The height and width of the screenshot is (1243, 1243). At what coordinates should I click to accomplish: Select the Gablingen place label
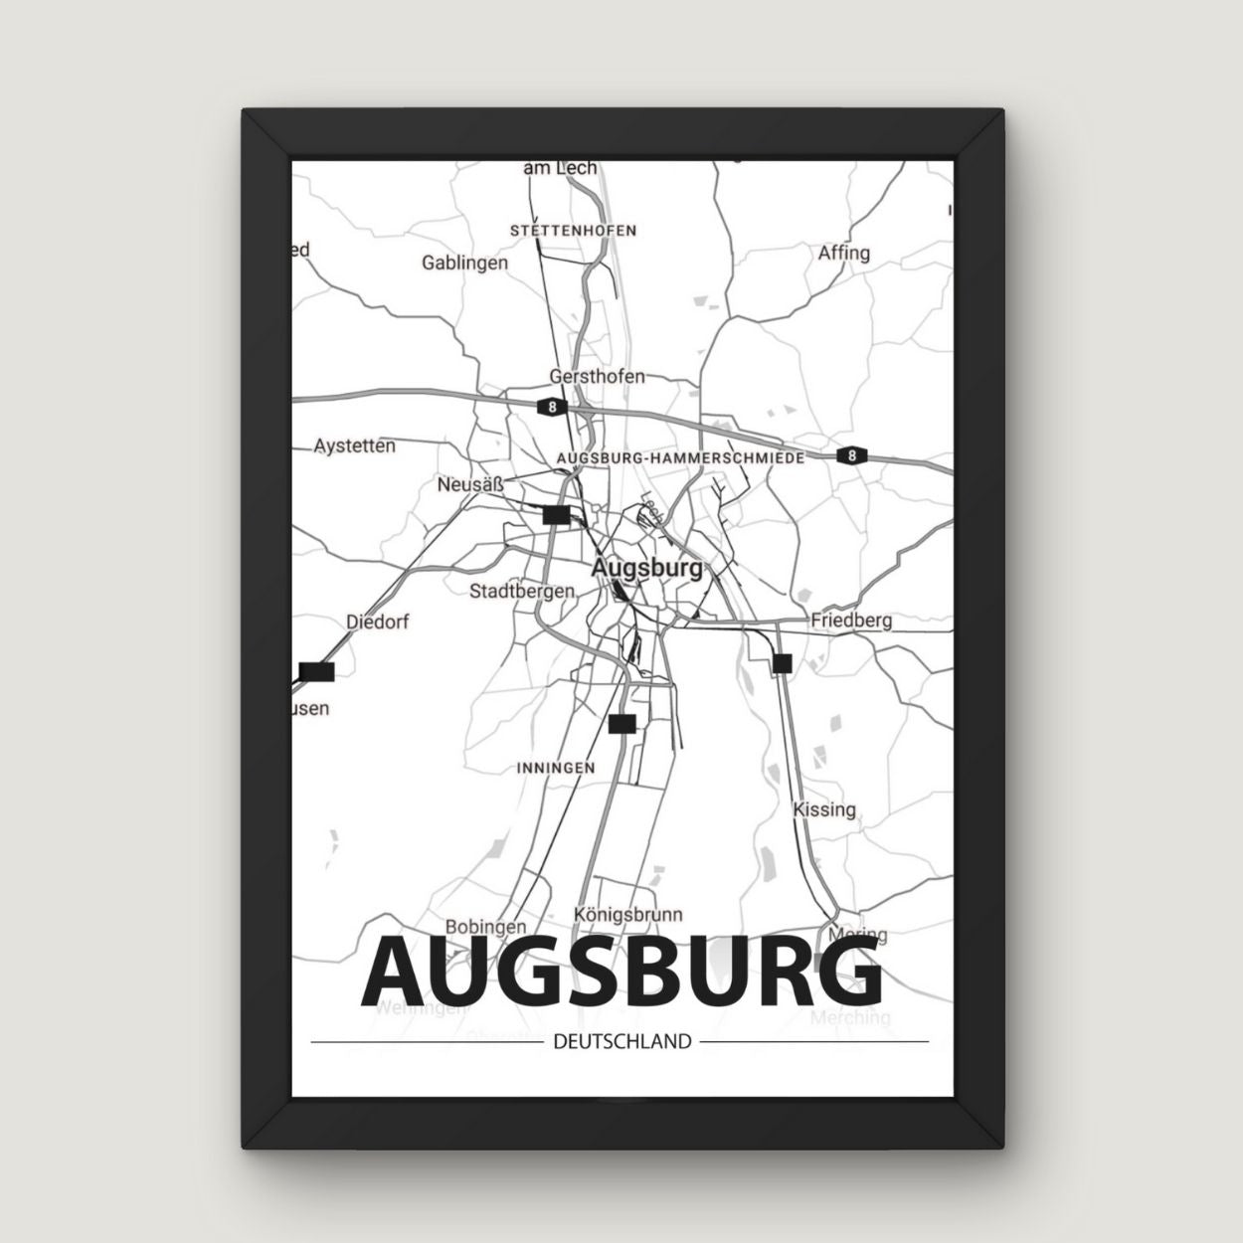click(464, 264)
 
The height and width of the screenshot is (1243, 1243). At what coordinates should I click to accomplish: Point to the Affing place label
click(843, 253)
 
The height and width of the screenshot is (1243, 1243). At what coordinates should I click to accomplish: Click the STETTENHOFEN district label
click(573, 230)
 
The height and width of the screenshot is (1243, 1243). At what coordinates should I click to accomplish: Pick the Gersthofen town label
click(597, 377)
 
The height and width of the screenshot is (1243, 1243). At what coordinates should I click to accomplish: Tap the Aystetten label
click(354, 445)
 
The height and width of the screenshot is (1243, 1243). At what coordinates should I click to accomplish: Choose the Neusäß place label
click(470, 485)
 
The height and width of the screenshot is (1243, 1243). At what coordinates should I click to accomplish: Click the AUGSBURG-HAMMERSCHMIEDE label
click(681, 457)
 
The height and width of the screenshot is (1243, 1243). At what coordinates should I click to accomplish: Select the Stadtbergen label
click(522, 591)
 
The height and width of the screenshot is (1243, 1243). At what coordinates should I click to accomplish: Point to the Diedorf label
click(377, 622)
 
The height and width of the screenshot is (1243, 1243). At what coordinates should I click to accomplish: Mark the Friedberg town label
click(851, 621)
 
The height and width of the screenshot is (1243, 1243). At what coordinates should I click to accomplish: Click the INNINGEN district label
click(556, 768)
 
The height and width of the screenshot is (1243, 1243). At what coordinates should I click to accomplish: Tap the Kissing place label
click(824, 809)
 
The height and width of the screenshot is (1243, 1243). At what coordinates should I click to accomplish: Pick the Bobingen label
click(477, 926)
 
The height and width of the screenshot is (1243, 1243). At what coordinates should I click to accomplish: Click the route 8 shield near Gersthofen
click(551, 407)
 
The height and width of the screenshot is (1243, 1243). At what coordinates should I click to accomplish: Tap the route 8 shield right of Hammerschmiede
click(850, 455)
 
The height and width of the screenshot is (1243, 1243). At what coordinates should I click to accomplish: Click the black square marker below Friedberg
click(782, 663)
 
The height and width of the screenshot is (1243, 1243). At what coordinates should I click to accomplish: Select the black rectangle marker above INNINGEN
click(621, 724)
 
